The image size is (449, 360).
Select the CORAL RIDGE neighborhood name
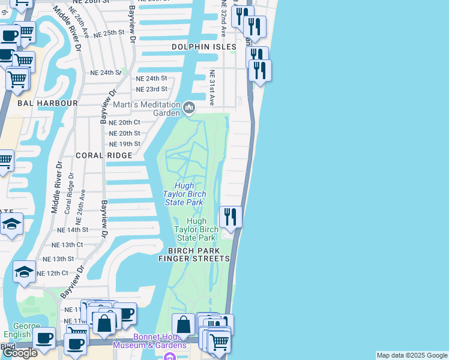(x=103, y=155)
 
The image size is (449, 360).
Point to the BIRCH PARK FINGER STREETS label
(x=194, y=254)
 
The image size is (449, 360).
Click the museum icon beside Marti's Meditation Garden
(x=190, y=108)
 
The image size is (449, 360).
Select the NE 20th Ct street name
(x=125, y=122)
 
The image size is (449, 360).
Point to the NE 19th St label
(x=125, y=144)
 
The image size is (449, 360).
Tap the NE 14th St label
(x=73, y=230)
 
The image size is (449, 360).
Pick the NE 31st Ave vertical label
(x=212, y=88)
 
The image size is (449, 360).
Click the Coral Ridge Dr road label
(x=70, y=193)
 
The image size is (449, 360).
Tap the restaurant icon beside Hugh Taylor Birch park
(x=231, y=216)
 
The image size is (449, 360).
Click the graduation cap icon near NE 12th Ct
(x=25, y=271)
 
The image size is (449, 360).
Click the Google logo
(x=20, y=353)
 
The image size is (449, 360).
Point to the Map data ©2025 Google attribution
(x=411, y=355)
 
